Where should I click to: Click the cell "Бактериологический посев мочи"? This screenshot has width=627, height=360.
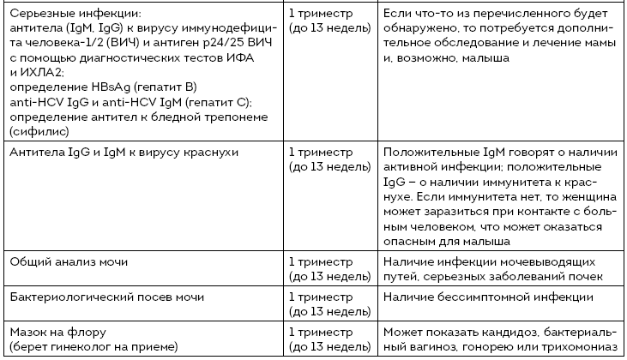(106, 297)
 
